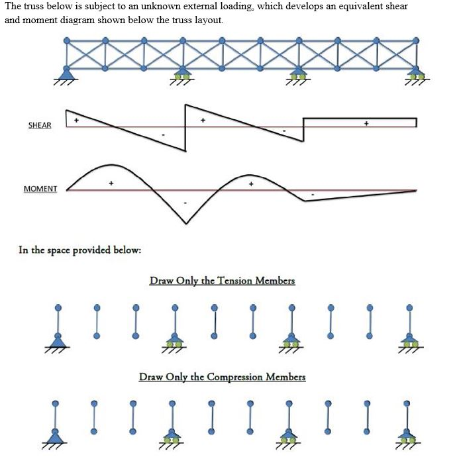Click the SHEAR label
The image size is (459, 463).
(x=39, y=125)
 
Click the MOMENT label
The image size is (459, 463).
(x=40, y=189)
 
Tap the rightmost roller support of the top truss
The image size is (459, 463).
(x=416, y=74)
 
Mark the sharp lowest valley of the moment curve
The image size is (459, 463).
(x=186, y=223)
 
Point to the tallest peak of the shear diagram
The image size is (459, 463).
(x=186, y=105)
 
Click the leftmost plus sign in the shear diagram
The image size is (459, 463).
(x=76, y=121)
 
